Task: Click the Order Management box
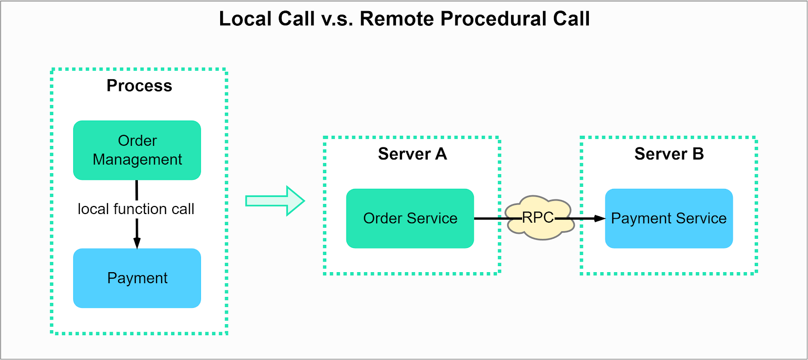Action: [137, 150]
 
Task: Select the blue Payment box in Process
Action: [137, 278]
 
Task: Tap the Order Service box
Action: [410, 218]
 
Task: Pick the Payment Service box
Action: [669, 218]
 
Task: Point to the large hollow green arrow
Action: [275, 201]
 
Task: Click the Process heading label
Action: [139, 86]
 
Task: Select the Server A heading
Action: [412, 153]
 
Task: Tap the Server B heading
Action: [669, 153]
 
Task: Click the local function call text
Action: [136, 209]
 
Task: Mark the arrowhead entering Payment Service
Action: [599, 219]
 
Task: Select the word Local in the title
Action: [242, 19]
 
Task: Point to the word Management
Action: [137, 160]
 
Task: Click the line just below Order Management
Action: [137, 190]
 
